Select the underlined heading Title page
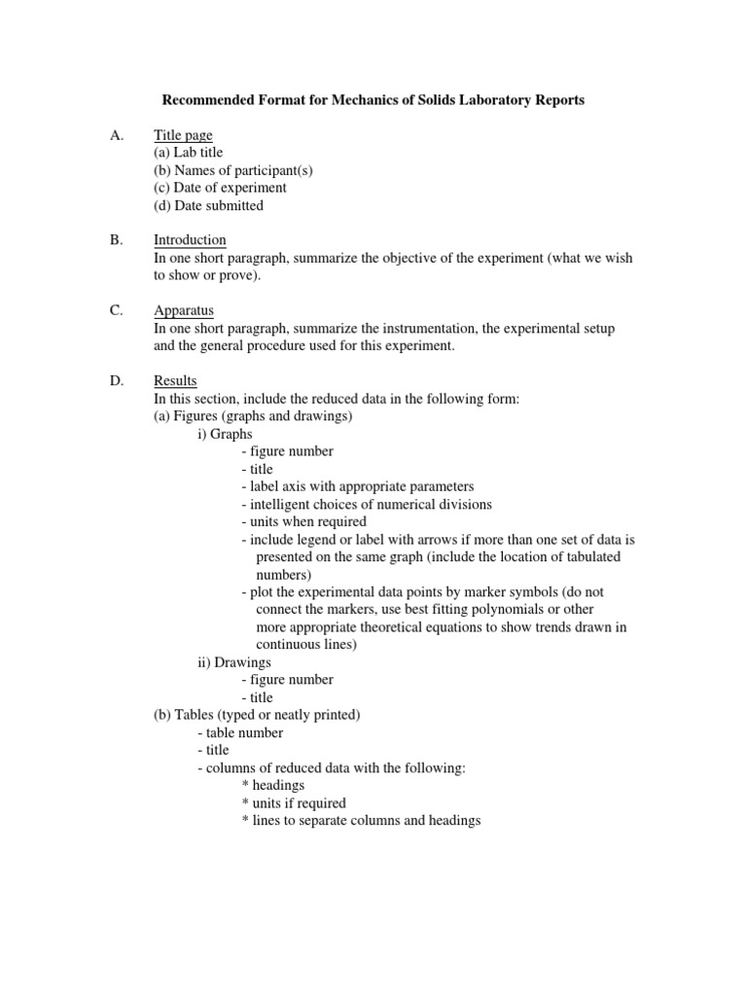tap(183, 135)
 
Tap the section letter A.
tap(117, 135)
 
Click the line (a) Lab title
tap(188, 153)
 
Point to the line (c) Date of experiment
tap(220, 188)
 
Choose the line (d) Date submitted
tap(208, 205)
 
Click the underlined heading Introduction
tap(190, 240)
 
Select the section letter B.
tap(117, 240)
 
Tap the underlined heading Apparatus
tap(185, 310)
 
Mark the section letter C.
tap(117, 310)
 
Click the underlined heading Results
tap(175, 380)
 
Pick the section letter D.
tap(117, 380)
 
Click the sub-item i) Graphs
tap(225, 434)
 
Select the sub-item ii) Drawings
tap(234, 661)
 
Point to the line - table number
tap(240, 732)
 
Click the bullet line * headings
tap(272, 785)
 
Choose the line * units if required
tap(293, 802)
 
